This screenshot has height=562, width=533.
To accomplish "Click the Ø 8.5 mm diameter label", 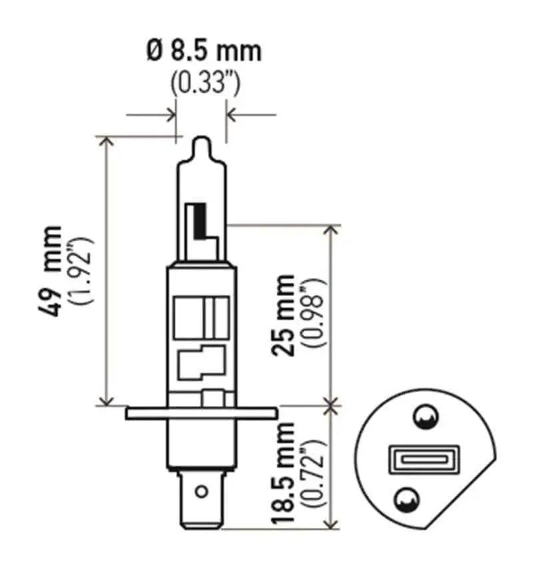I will [x=203, y=51].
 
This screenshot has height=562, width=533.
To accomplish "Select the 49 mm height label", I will [x=51, y=270].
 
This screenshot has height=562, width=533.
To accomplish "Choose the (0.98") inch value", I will [x=313, y=315].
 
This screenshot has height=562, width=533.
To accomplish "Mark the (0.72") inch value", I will [x=314, y=473].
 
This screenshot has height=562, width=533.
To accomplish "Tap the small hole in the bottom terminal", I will [x=200, y=492].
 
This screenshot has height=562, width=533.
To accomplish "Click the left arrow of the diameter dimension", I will [x=171, y=115].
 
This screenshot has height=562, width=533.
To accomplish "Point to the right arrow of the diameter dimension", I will [x=232, y=115].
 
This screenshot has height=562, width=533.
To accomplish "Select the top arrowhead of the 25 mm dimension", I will [x=331, y=229].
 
